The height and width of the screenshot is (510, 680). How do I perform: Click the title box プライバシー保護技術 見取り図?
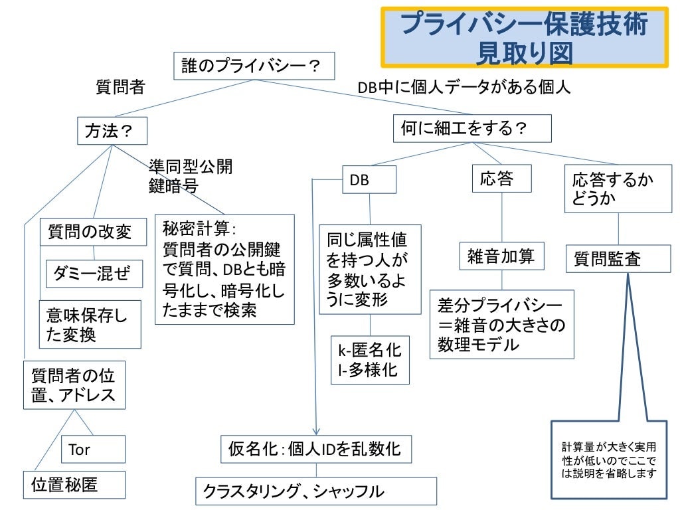(x=524, y=38)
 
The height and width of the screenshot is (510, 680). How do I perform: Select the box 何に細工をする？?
(x=472, y=128)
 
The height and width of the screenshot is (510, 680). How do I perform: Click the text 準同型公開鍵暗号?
(x=190, y=176)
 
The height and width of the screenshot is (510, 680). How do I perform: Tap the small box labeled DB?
(x=369, y=180)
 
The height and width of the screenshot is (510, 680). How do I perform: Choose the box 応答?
(x=497, y=179)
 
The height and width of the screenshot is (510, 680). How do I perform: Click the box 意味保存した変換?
(x=90, y=324)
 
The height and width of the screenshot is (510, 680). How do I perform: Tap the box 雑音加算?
(x=501, y=256)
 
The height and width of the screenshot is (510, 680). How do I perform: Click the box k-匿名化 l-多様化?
(x=370, y=359)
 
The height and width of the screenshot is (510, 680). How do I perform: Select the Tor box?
(x=93, y=450)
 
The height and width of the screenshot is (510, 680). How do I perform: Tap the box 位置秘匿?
(x=74, y=484)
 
